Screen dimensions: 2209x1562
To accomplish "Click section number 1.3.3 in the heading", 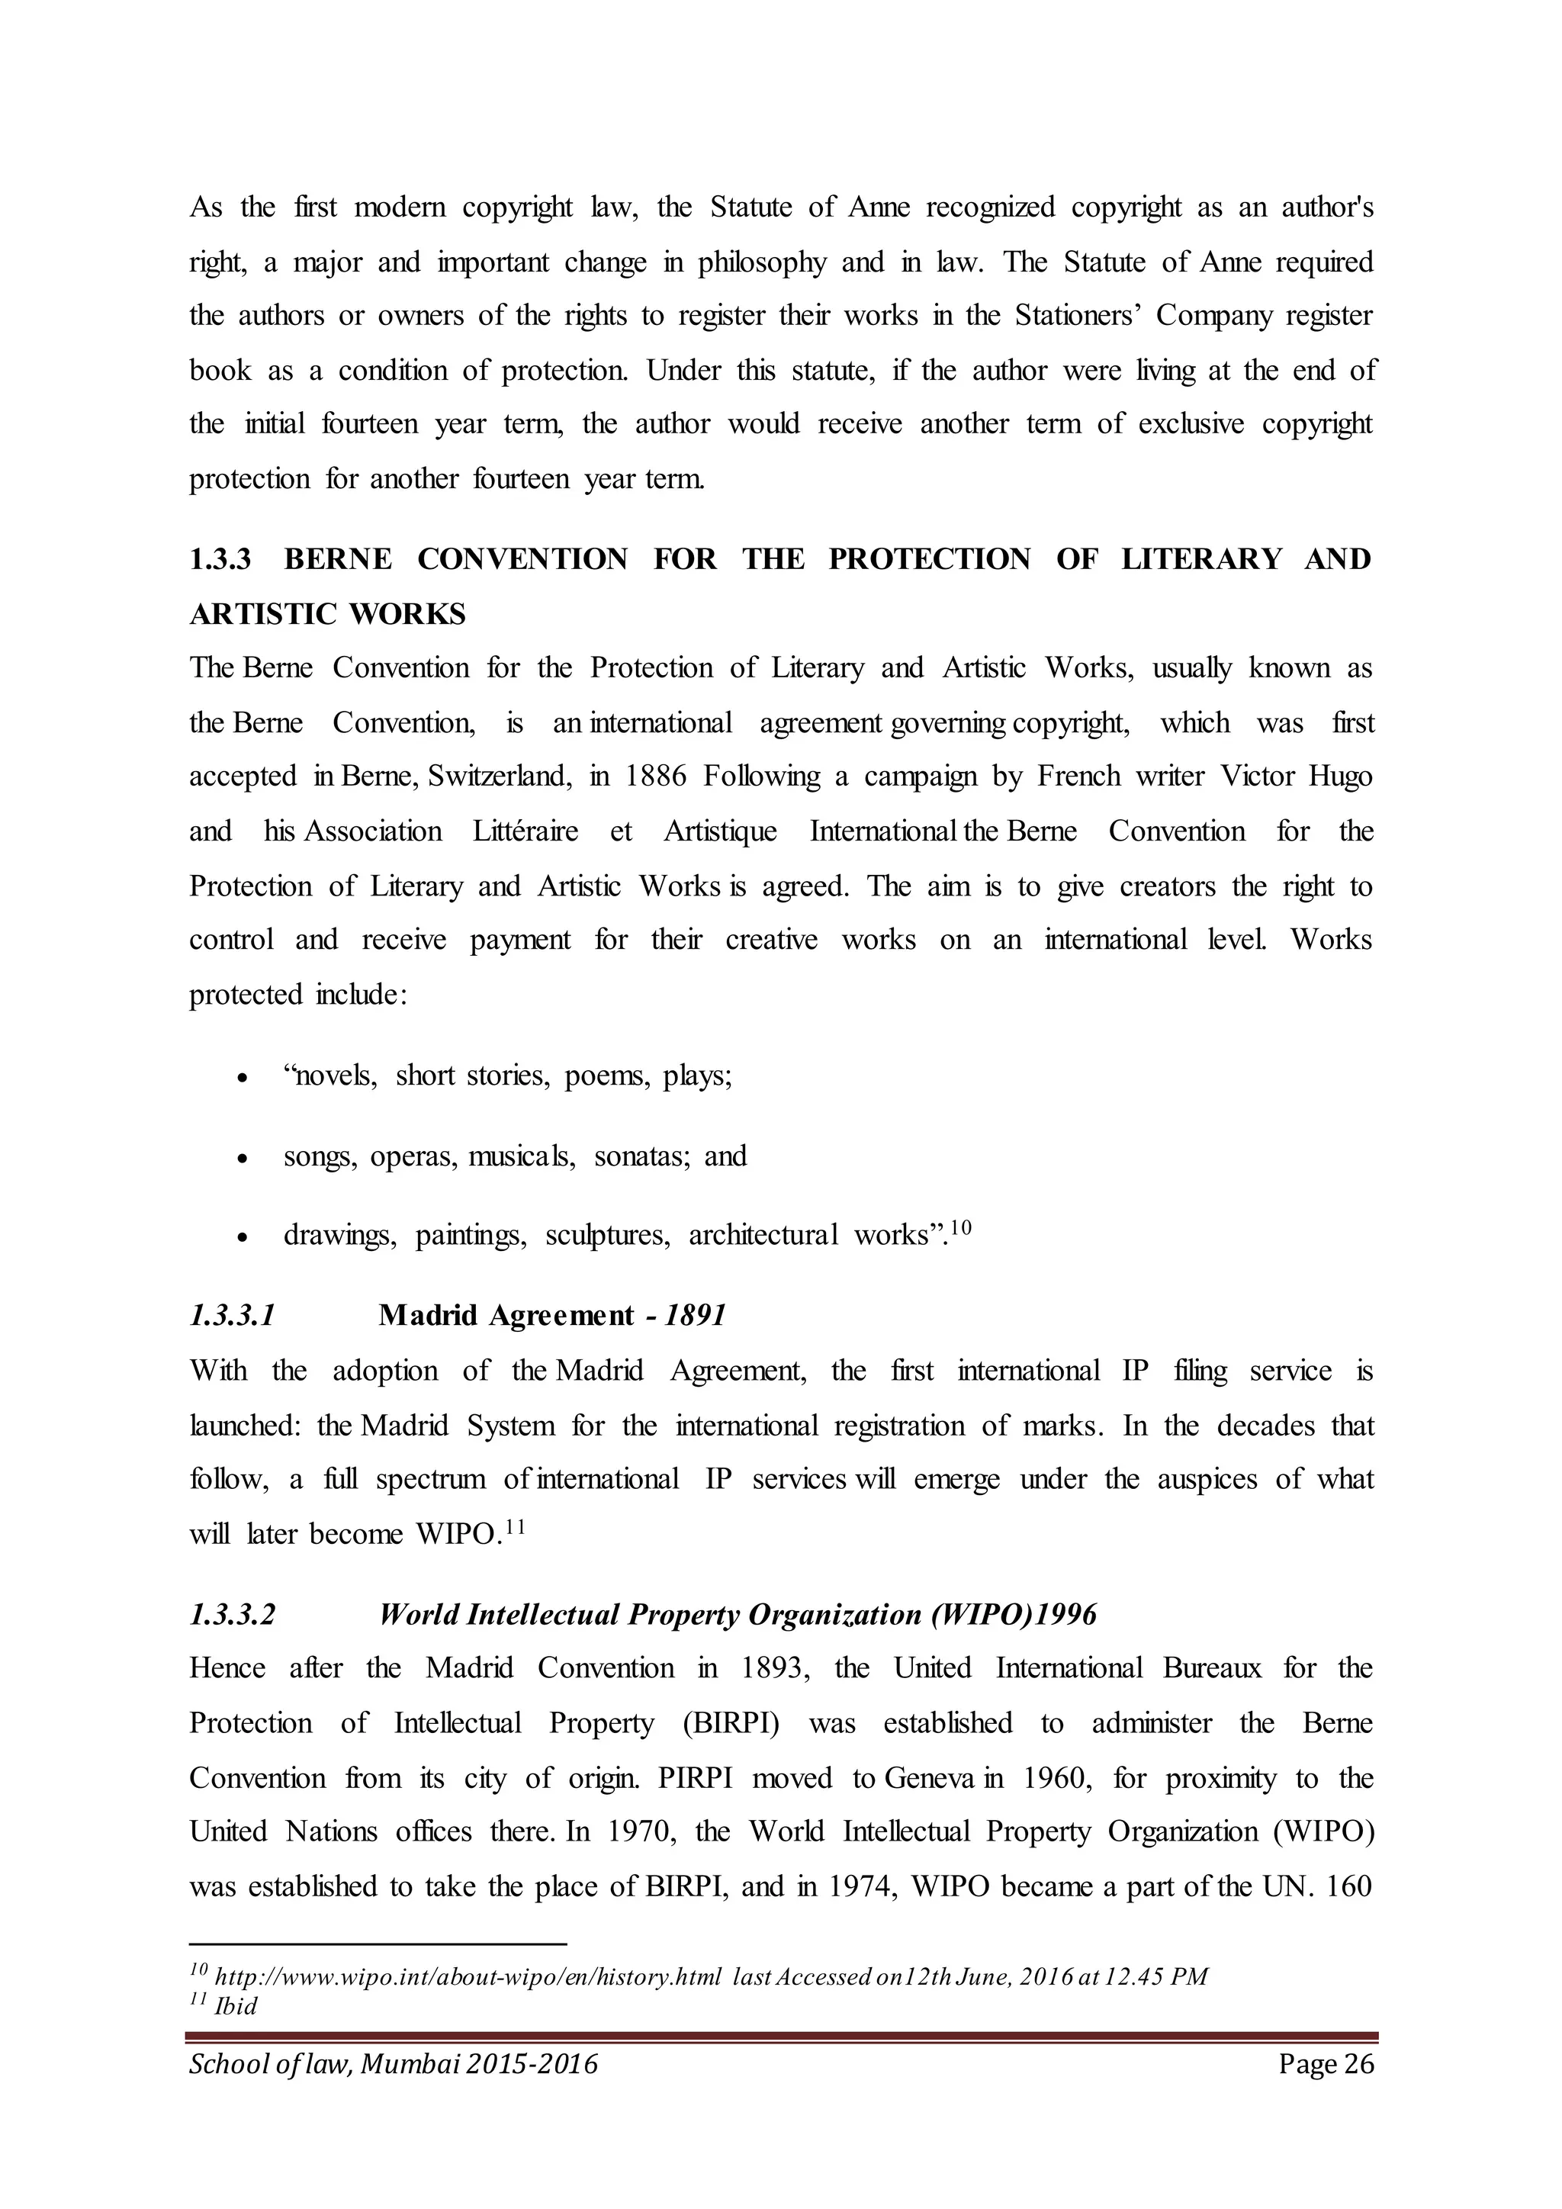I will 220,559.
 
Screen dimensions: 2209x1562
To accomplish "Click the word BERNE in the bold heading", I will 338,559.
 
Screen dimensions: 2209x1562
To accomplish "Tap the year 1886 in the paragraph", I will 655,777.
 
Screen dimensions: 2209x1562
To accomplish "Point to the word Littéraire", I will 525,831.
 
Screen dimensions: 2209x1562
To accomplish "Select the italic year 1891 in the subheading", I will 696,1315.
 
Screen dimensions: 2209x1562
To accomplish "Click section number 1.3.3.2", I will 232,1615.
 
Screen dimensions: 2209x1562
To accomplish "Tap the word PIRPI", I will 696,1778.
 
